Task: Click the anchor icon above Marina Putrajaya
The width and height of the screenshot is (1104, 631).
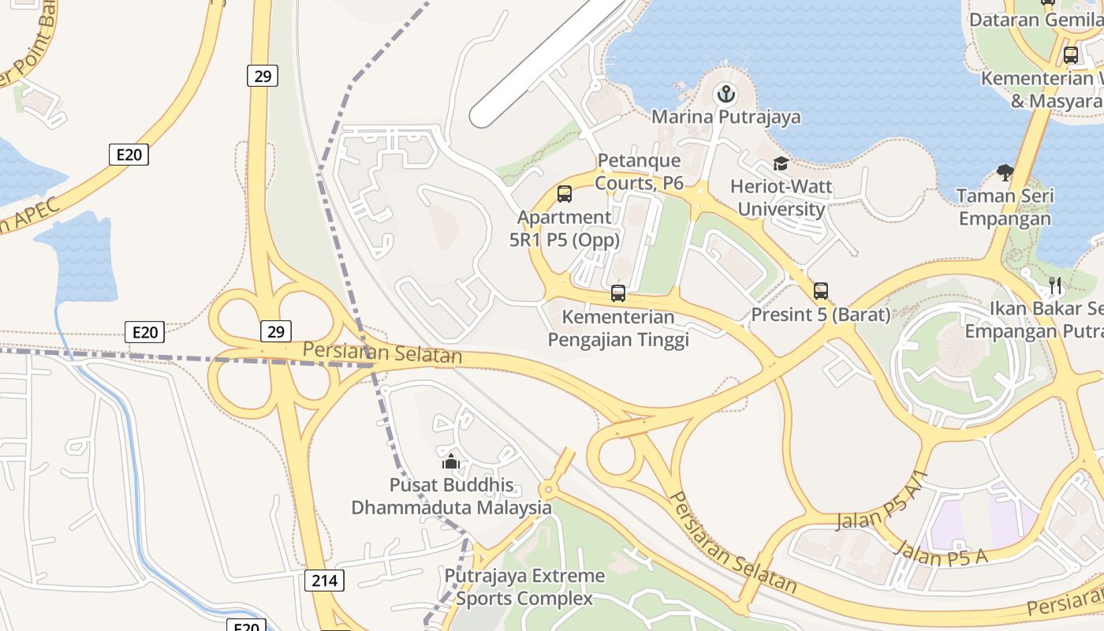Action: (x=725, y=95)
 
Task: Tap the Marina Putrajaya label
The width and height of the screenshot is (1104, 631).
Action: (x=725, y=118)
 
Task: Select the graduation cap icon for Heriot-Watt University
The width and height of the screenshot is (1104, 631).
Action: (x=781, y=164)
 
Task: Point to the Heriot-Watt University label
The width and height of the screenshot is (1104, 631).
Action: (x=781, y=198)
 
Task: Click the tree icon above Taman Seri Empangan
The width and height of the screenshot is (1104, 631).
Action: (x=1005, y=171)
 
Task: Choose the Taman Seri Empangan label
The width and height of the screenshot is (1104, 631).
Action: (x=1004, y=207)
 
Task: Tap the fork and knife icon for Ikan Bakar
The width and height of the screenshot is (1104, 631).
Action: (x=1055, y=285)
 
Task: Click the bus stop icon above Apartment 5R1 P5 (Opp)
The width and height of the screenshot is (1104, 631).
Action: (x=565, y=194)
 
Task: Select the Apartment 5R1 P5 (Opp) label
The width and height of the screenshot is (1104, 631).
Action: (x=565, y=229)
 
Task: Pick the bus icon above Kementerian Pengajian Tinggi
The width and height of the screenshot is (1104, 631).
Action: (x=618, y=293)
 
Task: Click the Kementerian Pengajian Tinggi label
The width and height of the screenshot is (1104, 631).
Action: (x=618, y=328)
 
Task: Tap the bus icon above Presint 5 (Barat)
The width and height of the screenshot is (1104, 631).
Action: (x=821, y=291)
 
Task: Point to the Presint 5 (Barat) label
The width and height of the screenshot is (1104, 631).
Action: (x=820, y=315)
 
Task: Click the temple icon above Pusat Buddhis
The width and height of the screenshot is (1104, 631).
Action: (x=451, y=461)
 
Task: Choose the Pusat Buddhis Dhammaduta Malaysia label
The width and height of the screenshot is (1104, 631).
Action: (x=451, y=496)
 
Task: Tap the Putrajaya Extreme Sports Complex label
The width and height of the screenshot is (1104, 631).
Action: (x=524, y=587)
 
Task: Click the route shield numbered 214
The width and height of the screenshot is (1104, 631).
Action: (x=324, y=581)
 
